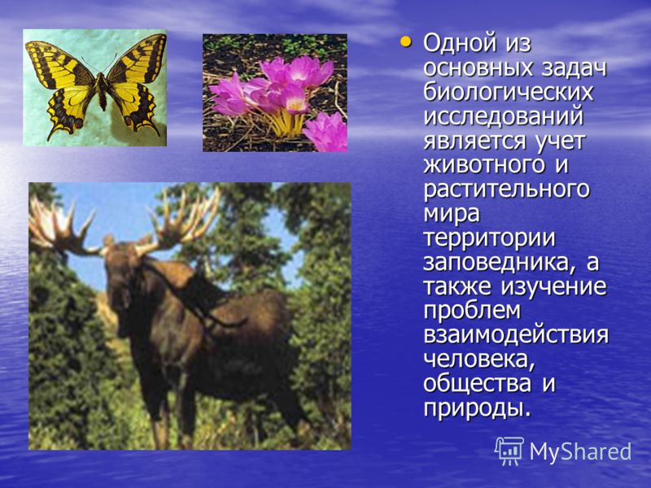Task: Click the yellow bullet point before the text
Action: [405, 42]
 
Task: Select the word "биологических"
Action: [508, 92]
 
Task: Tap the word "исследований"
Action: [503, 116]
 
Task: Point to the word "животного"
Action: [483, 165]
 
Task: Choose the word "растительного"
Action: [506, 190]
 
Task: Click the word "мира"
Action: [452, 214]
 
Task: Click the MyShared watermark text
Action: [580, 451]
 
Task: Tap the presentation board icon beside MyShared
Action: [509, 451]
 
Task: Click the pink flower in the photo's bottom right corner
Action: [327, 132]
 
